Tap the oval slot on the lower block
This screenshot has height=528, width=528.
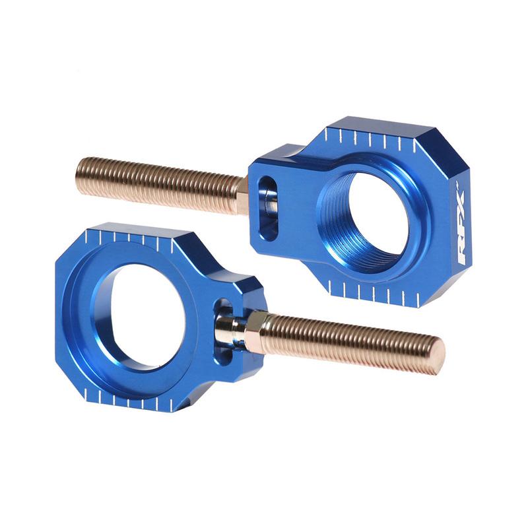[x=224, y=326]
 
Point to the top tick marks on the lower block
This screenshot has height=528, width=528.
[x=132, y=238]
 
